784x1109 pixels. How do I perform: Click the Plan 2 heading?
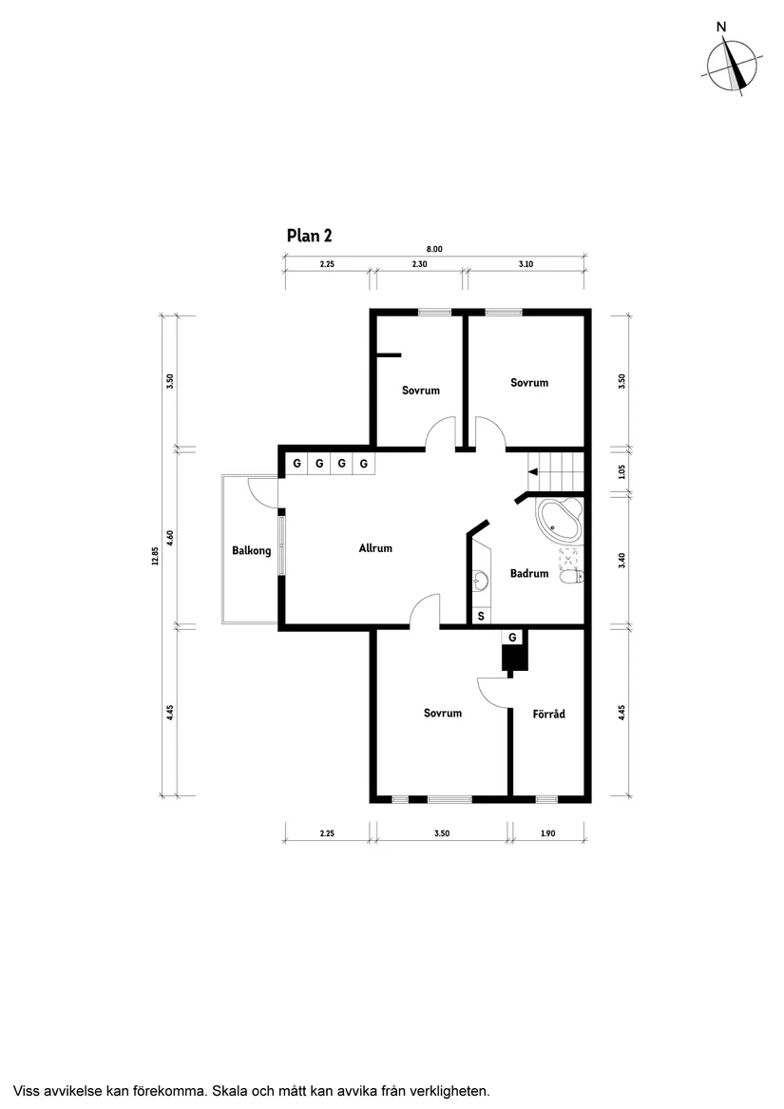(309, 236)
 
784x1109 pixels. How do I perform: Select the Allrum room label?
(375, 548)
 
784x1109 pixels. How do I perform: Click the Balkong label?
(251, 550)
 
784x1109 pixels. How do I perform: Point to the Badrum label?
(529, 573)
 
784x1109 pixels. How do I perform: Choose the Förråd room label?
(549, 713)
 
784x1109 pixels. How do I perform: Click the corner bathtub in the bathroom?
(559, 521)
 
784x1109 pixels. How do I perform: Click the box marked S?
(481, 616)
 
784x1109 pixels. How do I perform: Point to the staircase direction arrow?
(533, 471)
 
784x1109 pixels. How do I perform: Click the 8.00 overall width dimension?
(434, 249)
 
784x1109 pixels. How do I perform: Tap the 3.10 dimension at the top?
(526, 265)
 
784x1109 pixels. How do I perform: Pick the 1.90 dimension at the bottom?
(547, 833)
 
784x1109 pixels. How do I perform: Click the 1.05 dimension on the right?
(621, 470)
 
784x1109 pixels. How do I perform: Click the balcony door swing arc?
(259, 488)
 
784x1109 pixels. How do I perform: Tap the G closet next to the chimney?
(512, 636)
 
